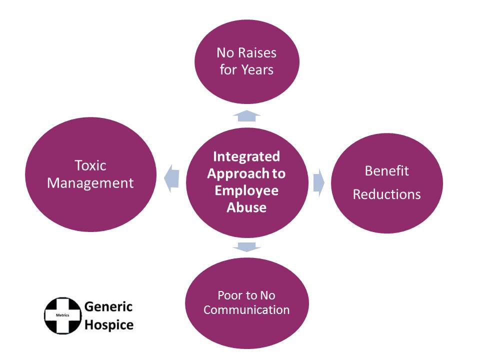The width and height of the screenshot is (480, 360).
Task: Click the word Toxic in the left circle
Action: click(90, 165)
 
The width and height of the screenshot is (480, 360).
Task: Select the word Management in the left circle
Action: click(90, 183)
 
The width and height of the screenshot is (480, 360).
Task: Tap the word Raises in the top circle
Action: click(255, 52)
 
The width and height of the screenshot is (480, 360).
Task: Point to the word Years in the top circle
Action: click(256, 69)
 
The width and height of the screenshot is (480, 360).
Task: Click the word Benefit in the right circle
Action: click(386, 171)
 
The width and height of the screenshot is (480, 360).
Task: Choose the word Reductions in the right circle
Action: click(386, 194)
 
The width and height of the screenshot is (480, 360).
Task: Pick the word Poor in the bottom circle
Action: click(231, 295)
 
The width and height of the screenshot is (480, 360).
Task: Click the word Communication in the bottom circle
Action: click(246, 310)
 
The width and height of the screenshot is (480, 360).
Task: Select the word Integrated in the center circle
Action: click(246, 156)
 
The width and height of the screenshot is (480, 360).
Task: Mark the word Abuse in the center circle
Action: click(246, 207)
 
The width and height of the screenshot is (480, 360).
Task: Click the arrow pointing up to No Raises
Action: click(246, 116)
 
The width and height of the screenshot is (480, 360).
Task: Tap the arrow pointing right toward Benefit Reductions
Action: click(318, 182)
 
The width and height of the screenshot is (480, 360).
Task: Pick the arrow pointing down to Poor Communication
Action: click(246, 247)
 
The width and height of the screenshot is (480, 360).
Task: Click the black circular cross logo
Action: click(62, 315)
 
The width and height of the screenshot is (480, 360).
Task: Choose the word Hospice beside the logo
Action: click(109, 324)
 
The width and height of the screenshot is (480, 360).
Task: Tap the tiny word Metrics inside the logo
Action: click(62, 315)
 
